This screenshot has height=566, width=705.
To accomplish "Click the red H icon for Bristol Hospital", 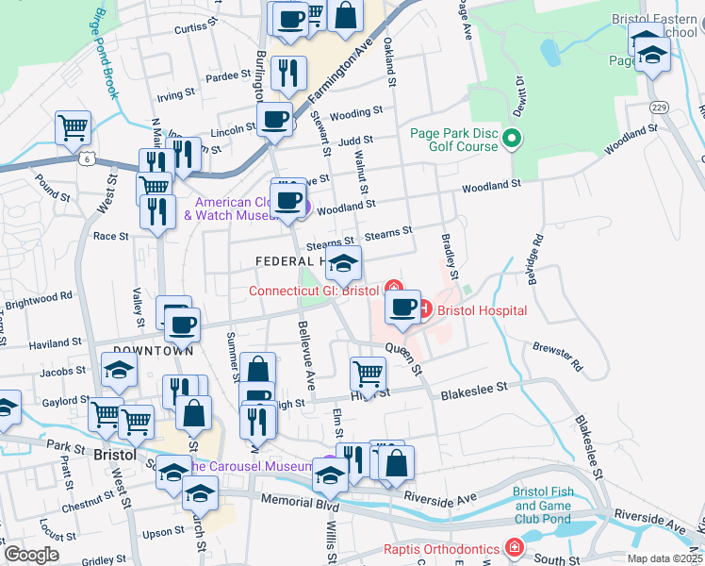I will [423, 308].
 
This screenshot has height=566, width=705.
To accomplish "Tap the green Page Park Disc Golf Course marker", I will [513, 141].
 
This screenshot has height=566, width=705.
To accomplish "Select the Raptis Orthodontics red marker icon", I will [514, 547].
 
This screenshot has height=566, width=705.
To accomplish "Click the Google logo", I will [31, 555].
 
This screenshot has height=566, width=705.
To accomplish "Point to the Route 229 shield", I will [659, 107].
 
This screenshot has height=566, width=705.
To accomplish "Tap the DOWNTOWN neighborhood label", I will [153, 351].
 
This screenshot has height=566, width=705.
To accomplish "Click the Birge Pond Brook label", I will [104, 57].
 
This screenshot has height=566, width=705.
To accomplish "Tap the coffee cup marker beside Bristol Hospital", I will [402, 308].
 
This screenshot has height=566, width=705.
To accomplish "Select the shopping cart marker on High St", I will [368, 372].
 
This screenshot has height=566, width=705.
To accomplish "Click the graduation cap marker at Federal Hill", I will [344, 263].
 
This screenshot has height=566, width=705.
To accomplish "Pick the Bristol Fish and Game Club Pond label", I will [542, 506].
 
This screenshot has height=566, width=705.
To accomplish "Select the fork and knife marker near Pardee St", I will [288, 73].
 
